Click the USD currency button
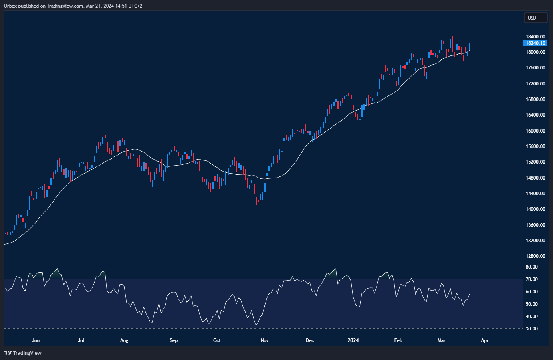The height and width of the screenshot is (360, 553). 535,18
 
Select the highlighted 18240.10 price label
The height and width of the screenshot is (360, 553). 535,43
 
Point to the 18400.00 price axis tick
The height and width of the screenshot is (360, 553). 535,37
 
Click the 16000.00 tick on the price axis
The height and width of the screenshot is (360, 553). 535,131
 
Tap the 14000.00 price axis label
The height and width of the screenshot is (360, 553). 535,209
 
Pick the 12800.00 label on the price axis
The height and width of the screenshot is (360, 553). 535,256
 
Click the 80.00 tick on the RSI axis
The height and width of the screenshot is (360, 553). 531,267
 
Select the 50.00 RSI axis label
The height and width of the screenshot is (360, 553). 531,304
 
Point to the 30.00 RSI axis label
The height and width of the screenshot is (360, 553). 531,329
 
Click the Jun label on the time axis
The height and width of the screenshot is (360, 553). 36,340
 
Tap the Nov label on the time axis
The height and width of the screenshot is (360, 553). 264,340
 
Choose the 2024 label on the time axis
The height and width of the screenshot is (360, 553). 353,340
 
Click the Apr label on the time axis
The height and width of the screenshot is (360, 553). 484,340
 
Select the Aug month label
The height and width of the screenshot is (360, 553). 124,340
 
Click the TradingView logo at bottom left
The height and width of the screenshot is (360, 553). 23,353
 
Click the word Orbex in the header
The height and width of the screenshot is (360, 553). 10,6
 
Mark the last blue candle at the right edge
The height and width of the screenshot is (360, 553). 470,46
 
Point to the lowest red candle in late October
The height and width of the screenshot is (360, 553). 256,200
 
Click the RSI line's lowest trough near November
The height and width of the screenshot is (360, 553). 256,326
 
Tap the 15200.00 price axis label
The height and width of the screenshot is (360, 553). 535,162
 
